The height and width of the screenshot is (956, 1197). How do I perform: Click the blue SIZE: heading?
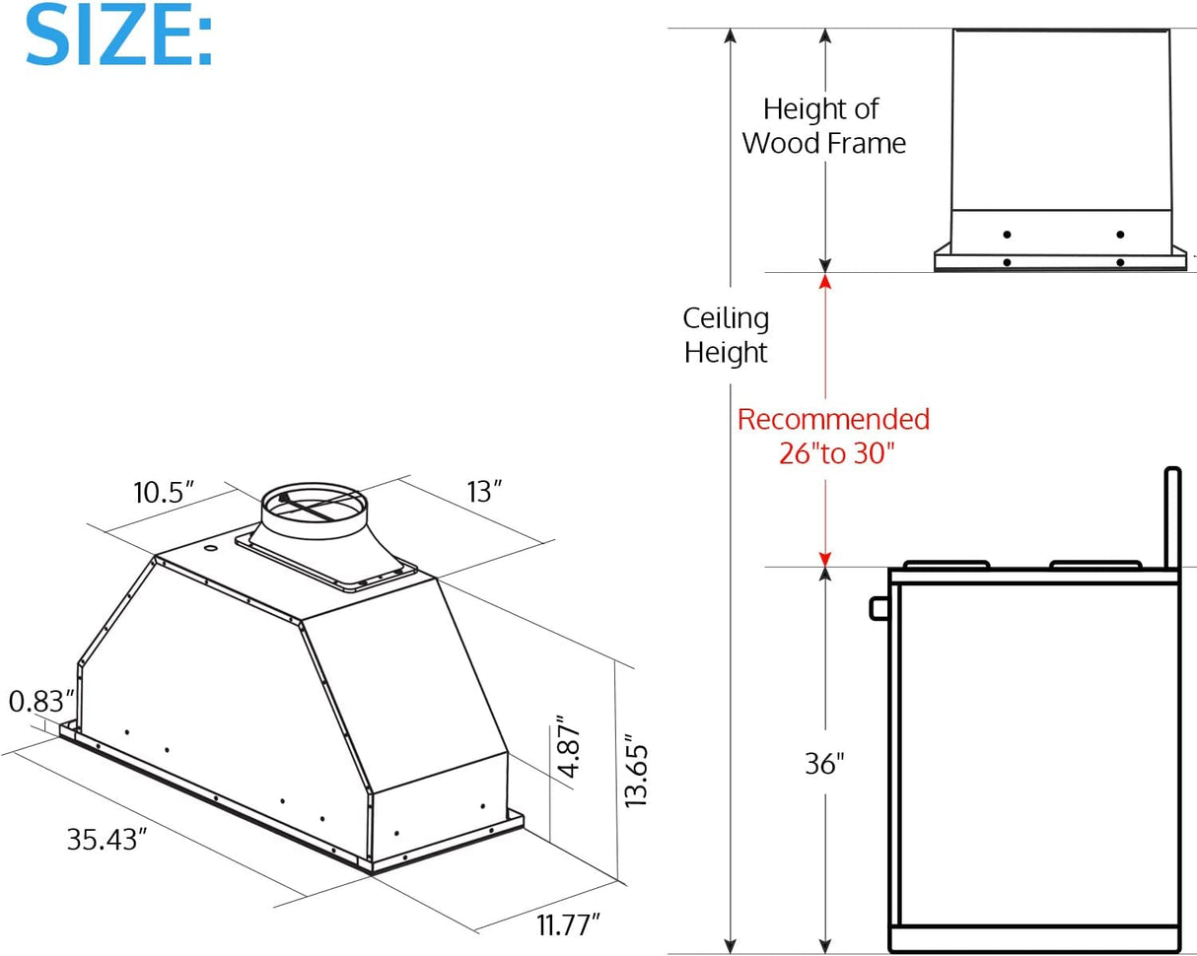[118, 35]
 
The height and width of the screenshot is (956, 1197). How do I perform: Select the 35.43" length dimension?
[106, 839]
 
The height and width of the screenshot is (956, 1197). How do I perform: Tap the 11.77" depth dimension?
[569, 925]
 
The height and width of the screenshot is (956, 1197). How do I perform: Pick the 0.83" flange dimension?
[41, 702]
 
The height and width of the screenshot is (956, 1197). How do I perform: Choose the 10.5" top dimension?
[164, 492]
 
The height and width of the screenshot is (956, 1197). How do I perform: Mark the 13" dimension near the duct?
[484, 491]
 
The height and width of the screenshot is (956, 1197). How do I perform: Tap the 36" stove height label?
[824, 764]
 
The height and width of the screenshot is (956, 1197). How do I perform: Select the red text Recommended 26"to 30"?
[833, 437]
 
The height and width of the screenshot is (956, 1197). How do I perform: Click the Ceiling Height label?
[726, 335]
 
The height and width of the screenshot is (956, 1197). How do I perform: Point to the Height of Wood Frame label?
[823, 125]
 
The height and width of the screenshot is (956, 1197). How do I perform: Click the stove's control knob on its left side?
[879, 608]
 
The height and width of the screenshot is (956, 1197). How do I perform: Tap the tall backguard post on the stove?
[1172, 517]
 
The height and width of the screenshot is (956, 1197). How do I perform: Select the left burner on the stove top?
[947, 565]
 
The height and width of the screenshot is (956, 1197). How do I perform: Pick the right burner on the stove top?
[1095, 565]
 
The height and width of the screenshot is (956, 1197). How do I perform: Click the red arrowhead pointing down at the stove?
[825, 558]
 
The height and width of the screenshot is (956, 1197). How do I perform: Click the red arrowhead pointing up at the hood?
[825, 282]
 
